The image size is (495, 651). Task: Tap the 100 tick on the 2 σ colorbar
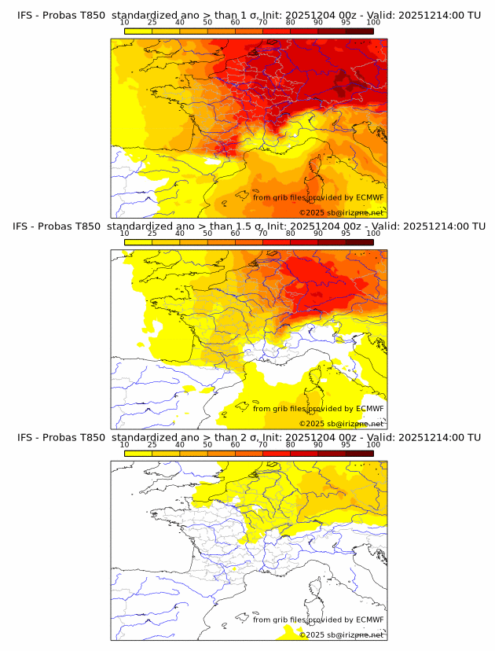coord(373,444)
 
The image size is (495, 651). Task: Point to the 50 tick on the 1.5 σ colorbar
coord(207,234)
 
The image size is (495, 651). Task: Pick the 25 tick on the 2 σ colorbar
coord(152,444)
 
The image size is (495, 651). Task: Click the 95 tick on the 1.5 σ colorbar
coord(346,234)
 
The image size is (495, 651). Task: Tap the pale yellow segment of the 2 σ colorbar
coord(138,453)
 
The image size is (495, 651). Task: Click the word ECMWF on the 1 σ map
coord(370,197)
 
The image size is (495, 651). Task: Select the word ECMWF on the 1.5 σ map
coord(370,408)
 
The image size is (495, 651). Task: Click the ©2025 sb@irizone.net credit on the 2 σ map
coord(341,634)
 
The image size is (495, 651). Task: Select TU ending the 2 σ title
coord(474,437)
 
